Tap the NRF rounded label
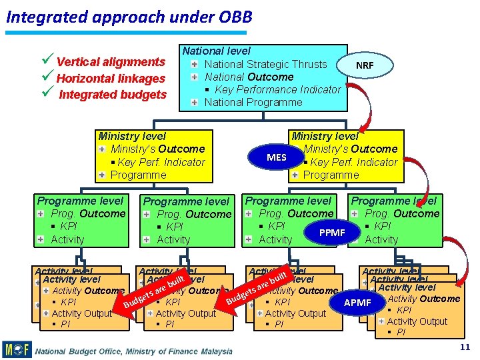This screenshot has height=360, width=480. coord(365,66)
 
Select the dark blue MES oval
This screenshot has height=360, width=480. coord(276,158)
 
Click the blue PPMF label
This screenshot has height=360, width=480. coord(332,233)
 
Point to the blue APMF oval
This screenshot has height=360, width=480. coord(357,303)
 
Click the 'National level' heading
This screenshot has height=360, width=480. coord(217,51)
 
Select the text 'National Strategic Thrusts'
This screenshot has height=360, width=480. coord(265,64)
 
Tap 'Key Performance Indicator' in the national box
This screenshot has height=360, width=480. coord(277,89)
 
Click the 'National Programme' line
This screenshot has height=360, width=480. coord(253,102)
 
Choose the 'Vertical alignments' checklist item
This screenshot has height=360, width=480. coord(111,62)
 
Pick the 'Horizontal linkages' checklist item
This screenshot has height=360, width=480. coord(111,79)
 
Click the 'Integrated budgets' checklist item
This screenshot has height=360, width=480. coord(113,95)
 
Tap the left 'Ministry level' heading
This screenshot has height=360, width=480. coord(132,136)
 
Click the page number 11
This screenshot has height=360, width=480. coord(465,347)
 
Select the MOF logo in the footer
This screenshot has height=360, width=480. coord(17,349)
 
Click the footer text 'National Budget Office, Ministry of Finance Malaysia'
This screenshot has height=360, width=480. coord(134,351)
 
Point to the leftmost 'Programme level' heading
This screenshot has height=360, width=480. coord(80,201)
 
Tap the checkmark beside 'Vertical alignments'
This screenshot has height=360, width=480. coord(48,61)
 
